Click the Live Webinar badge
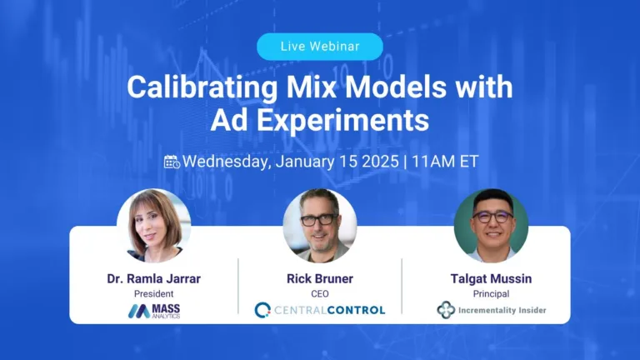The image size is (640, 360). click(x=320, y=47)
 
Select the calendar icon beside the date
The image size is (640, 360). click(x=172, y=162)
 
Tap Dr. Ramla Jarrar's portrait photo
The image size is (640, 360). click(x=153, y=226)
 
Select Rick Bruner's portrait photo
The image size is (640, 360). click(x=320, y=226)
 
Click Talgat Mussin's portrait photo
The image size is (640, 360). click(x=491, y=226)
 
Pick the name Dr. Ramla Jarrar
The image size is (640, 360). click(x=153, y=279)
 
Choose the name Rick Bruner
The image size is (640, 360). click(x=320, y=279)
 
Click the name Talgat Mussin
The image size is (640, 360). click(x=491, y=279)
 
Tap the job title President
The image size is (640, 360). click(x=153, y=294)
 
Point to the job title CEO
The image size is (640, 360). click(x=320, y=294)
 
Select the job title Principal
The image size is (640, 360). click(x=491, y=294)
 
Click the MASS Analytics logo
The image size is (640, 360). click(x=153, y=311)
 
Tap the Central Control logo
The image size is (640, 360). click(x=320, y=310)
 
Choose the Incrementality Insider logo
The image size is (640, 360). click(x=491, y=310)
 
